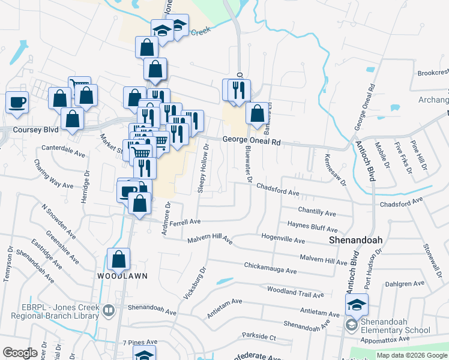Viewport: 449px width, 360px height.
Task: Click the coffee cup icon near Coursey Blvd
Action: tap(17, 101)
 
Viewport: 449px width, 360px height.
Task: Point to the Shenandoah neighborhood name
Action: tap(356, 239)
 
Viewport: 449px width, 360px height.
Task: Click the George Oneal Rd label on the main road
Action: tap(252, 142)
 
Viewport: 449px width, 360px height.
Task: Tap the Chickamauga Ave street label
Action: tap(270, 268)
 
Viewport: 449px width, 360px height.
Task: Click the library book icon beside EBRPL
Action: tap(108, 310)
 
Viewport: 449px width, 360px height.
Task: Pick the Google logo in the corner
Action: tap(20, 353)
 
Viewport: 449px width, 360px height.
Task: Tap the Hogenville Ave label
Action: tap(283, 239)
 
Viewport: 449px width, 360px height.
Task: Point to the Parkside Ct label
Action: tap(258, 337)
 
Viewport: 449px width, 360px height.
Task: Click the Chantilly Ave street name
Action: tap(317, 212)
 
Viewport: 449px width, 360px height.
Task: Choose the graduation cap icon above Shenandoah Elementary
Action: tap(357, 305)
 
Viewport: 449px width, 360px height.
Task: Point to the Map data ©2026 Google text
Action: tap(411, 355)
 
